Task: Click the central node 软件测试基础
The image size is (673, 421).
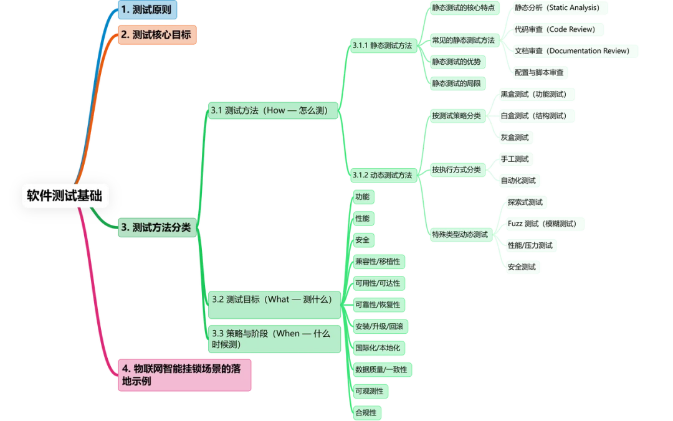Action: pyautogui.click(x=65, y=196)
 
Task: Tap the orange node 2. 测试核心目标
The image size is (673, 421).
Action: pyautogui.click(x=156, y=35)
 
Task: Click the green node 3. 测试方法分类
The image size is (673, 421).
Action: pyautogui.click(x=156, y=228)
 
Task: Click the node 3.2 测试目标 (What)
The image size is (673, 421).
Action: pyautogui.click(x=272, y=300)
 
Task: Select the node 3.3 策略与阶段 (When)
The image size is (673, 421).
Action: pyautogui.click(x=272, y=339)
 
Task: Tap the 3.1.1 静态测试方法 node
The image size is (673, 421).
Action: pyautogui.click(x=382, y=45)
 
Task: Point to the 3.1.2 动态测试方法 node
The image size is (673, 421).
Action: pyautogui.click(x=382, y=176)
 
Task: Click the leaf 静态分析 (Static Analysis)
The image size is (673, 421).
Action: pyautogui.click(x=556, y=8)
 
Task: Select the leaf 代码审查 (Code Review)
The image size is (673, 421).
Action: pyautogui.click(x=555, y=29)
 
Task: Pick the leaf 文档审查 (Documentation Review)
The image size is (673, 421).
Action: pyautogui.click(x=571, y=51)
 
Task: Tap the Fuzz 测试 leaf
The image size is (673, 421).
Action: pyautogui.click(x=542, y=224)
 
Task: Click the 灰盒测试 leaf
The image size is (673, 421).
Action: pyautogui.click(x=515, y=138)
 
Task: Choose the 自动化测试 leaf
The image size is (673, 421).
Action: pyautogui.click(x=518, y=181)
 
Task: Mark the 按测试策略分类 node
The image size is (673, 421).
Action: pyautogui.click(x=456, y=116)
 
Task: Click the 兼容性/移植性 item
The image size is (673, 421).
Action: pyautogui.click(x=378, y=262)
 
